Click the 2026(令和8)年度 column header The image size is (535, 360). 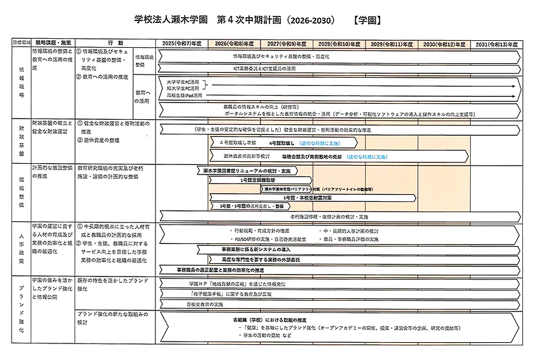point(234,43)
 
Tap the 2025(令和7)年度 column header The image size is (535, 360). point(182,43)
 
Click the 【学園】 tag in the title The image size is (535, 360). point(366,20)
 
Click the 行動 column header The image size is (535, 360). point(115,43)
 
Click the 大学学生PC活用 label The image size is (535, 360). point(182,82)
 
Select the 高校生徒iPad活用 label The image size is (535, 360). point(183,95)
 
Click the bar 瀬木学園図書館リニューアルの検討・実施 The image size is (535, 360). point(247,171)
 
